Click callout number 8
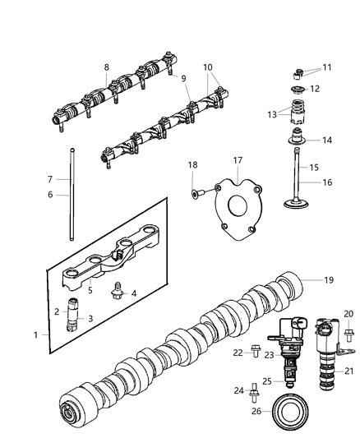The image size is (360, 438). point(105,67)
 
